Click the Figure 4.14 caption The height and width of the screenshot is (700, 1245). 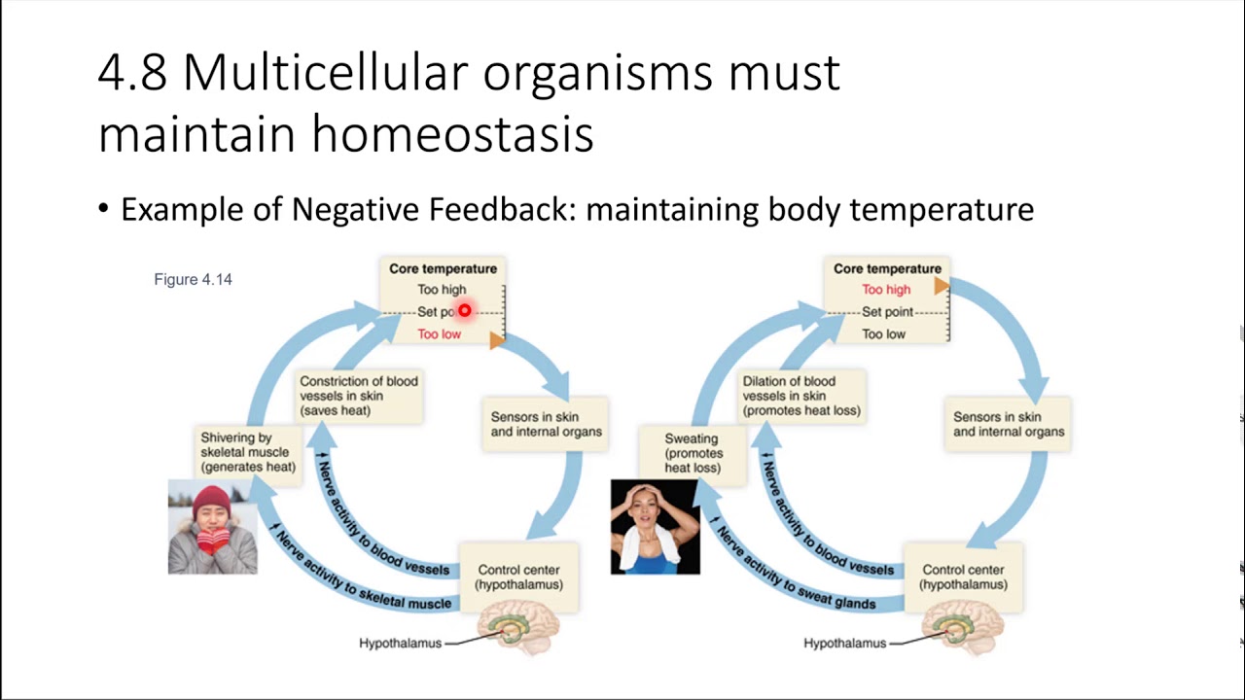(x=193, y=279)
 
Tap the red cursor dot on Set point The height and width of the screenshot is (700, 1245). (x=464, y=311)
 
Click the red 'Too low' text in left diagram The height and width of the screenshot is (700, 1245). (x=439, y=333)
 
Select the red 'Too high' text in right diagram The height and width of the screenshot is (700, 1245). (x=886, y=289)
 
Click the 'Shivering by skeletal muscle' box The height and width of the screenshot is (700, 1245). (x=247, y=452)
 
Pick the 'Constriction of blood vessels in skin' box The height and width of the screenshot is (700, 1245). (x=358, y=396)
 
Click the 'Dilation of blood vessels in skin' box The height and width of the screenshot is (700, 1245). (x=801, y=396)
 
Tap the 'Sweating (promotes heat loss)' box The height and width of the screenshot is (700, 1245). (x=692, y=453)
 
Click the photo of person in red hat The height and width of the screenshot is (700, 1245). (x=212, y=526)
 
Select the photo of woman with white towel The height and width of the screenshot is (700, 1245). (x=655, y=526)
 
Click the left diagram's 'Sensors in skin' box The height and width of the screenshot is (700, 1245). (x=546, y=424)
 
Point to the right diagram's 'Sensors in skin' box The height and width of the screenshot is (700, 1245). (x=1008, y=424)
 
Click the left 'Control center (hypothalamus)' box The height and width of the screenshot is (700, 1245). (x=518, y=577)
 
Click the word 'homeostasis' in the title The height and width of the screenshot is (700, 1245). (x=452, y=133)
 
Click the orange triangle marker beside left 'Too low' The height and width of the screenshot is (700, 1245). (x=496, y=339)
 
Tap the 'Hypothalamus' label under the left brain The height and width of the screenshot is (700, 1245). (x=400, y=643)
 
